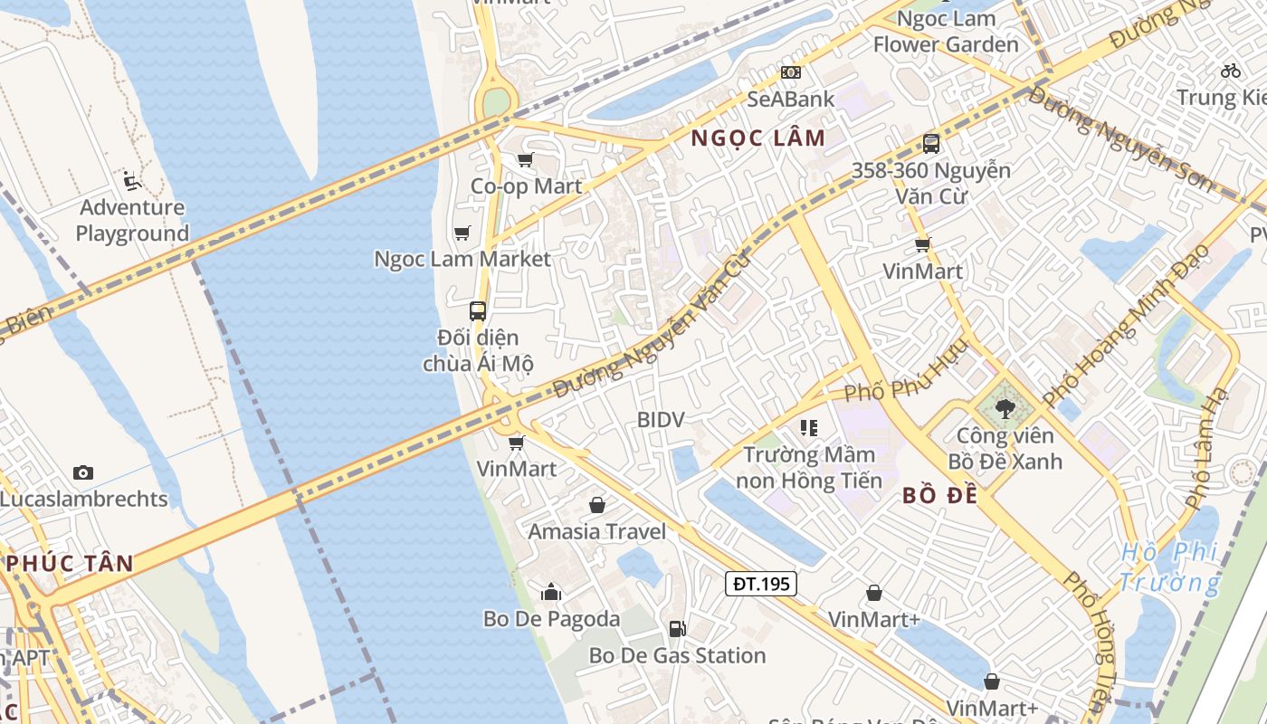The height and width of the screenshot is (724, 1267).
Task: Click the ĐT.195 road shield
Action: pos(761,584)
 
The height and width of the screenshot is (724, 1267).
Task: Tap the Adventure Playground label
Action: pos(132,220)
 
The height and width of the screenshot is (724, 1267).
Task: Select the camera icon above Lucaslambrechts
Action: pos(83,472)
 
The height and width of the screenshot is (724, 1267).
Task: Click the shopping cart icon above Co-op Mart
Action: pos(525,160)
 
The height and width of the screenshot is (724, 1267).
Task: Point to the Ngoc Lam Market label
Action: pos(462,259)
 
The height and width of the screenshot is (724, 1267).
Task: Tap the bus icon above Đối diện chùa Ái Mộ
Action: pos(478,310)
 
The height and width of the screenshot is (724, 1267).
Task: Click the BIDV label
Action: pos(661,420)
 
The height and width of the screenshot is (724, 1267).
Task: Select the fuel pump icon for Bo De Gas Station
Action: pos(677,629)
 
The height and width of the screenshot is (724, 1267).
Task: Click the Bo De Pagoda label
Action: pos(551,619)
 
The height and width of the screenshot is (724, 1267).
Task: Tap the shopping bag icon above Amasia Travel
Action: pos(597,505)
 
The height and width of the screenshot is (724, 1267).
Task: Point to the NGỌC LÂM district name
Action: pos(758,138)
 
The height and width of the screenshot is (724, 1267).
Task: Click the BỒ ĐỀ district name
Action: pos(939,496)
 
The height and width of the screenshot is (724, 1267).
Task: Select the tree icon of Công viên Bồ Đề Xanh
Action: pos(1005,409)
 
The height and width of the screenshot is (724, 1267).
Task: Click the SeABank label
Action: pos(791,99)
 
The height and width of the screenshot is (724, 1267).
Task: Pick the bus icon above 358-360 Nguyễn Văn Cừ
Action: pos(930,143)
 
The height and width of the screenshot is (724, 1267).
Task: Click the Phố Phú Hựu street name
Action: pos(905,374)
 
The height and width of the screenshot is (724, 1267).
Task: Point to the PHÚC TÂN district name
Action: pos(71,563)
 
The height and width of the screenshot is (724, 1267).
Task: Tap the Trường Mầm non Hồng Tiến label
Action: pos(808,467)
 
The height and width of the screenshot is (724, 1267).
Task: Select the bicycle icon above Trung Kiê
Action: pos(1231,70)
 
